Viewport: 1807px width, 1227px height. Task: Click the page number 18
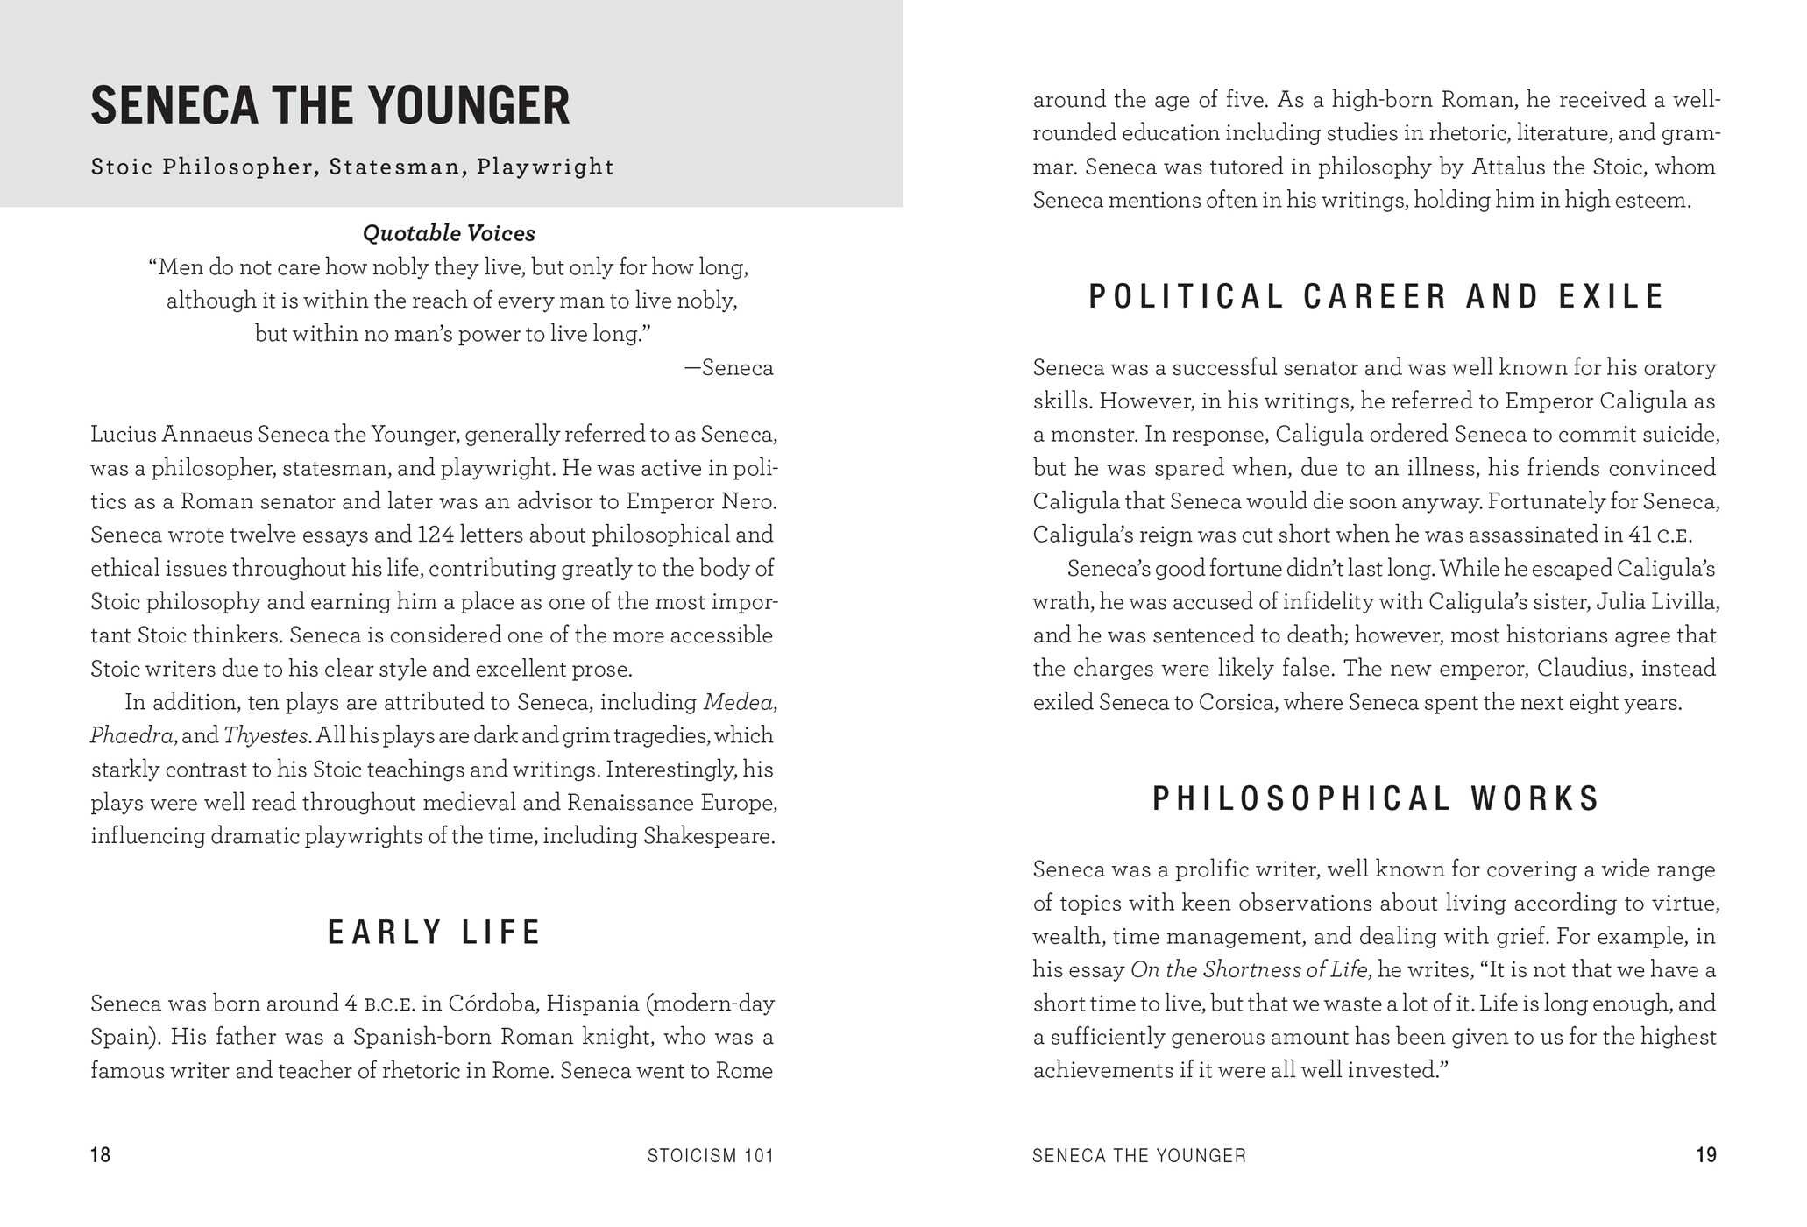click(101, 1155)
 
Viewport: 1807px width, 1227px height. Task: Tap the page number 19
click(1706, 1155)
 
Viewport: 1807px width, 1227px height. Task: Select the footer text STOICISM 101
click(711, 1156)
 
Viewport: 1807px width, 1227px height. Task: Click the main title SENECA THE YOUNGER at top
click(330, 106)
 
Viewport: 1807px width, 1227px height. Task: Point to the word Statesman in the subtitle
click(394, 167)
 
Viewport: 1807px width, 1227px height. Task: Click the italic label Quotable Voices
click(449, 233)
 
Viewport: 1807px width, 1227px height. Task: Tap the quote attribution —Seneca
click(729, 368)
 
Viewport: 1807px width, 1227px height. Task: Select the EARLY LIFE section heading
click(435, 932)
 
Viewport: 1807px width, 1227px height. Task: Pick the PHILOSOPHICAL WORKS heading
click(1376, 798)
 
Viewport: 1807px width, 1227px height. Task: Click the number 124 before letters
click(435, 535)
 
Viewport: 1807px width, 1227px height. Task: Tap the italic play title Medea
click(738, 703)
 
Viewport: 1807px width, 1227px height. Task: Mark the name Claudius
click(1581, 669)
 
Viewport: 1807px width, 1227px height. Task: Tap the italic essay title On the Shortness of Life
click(1248, 970)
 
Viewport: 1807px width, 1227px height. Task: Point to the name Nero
click(754, 502)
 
